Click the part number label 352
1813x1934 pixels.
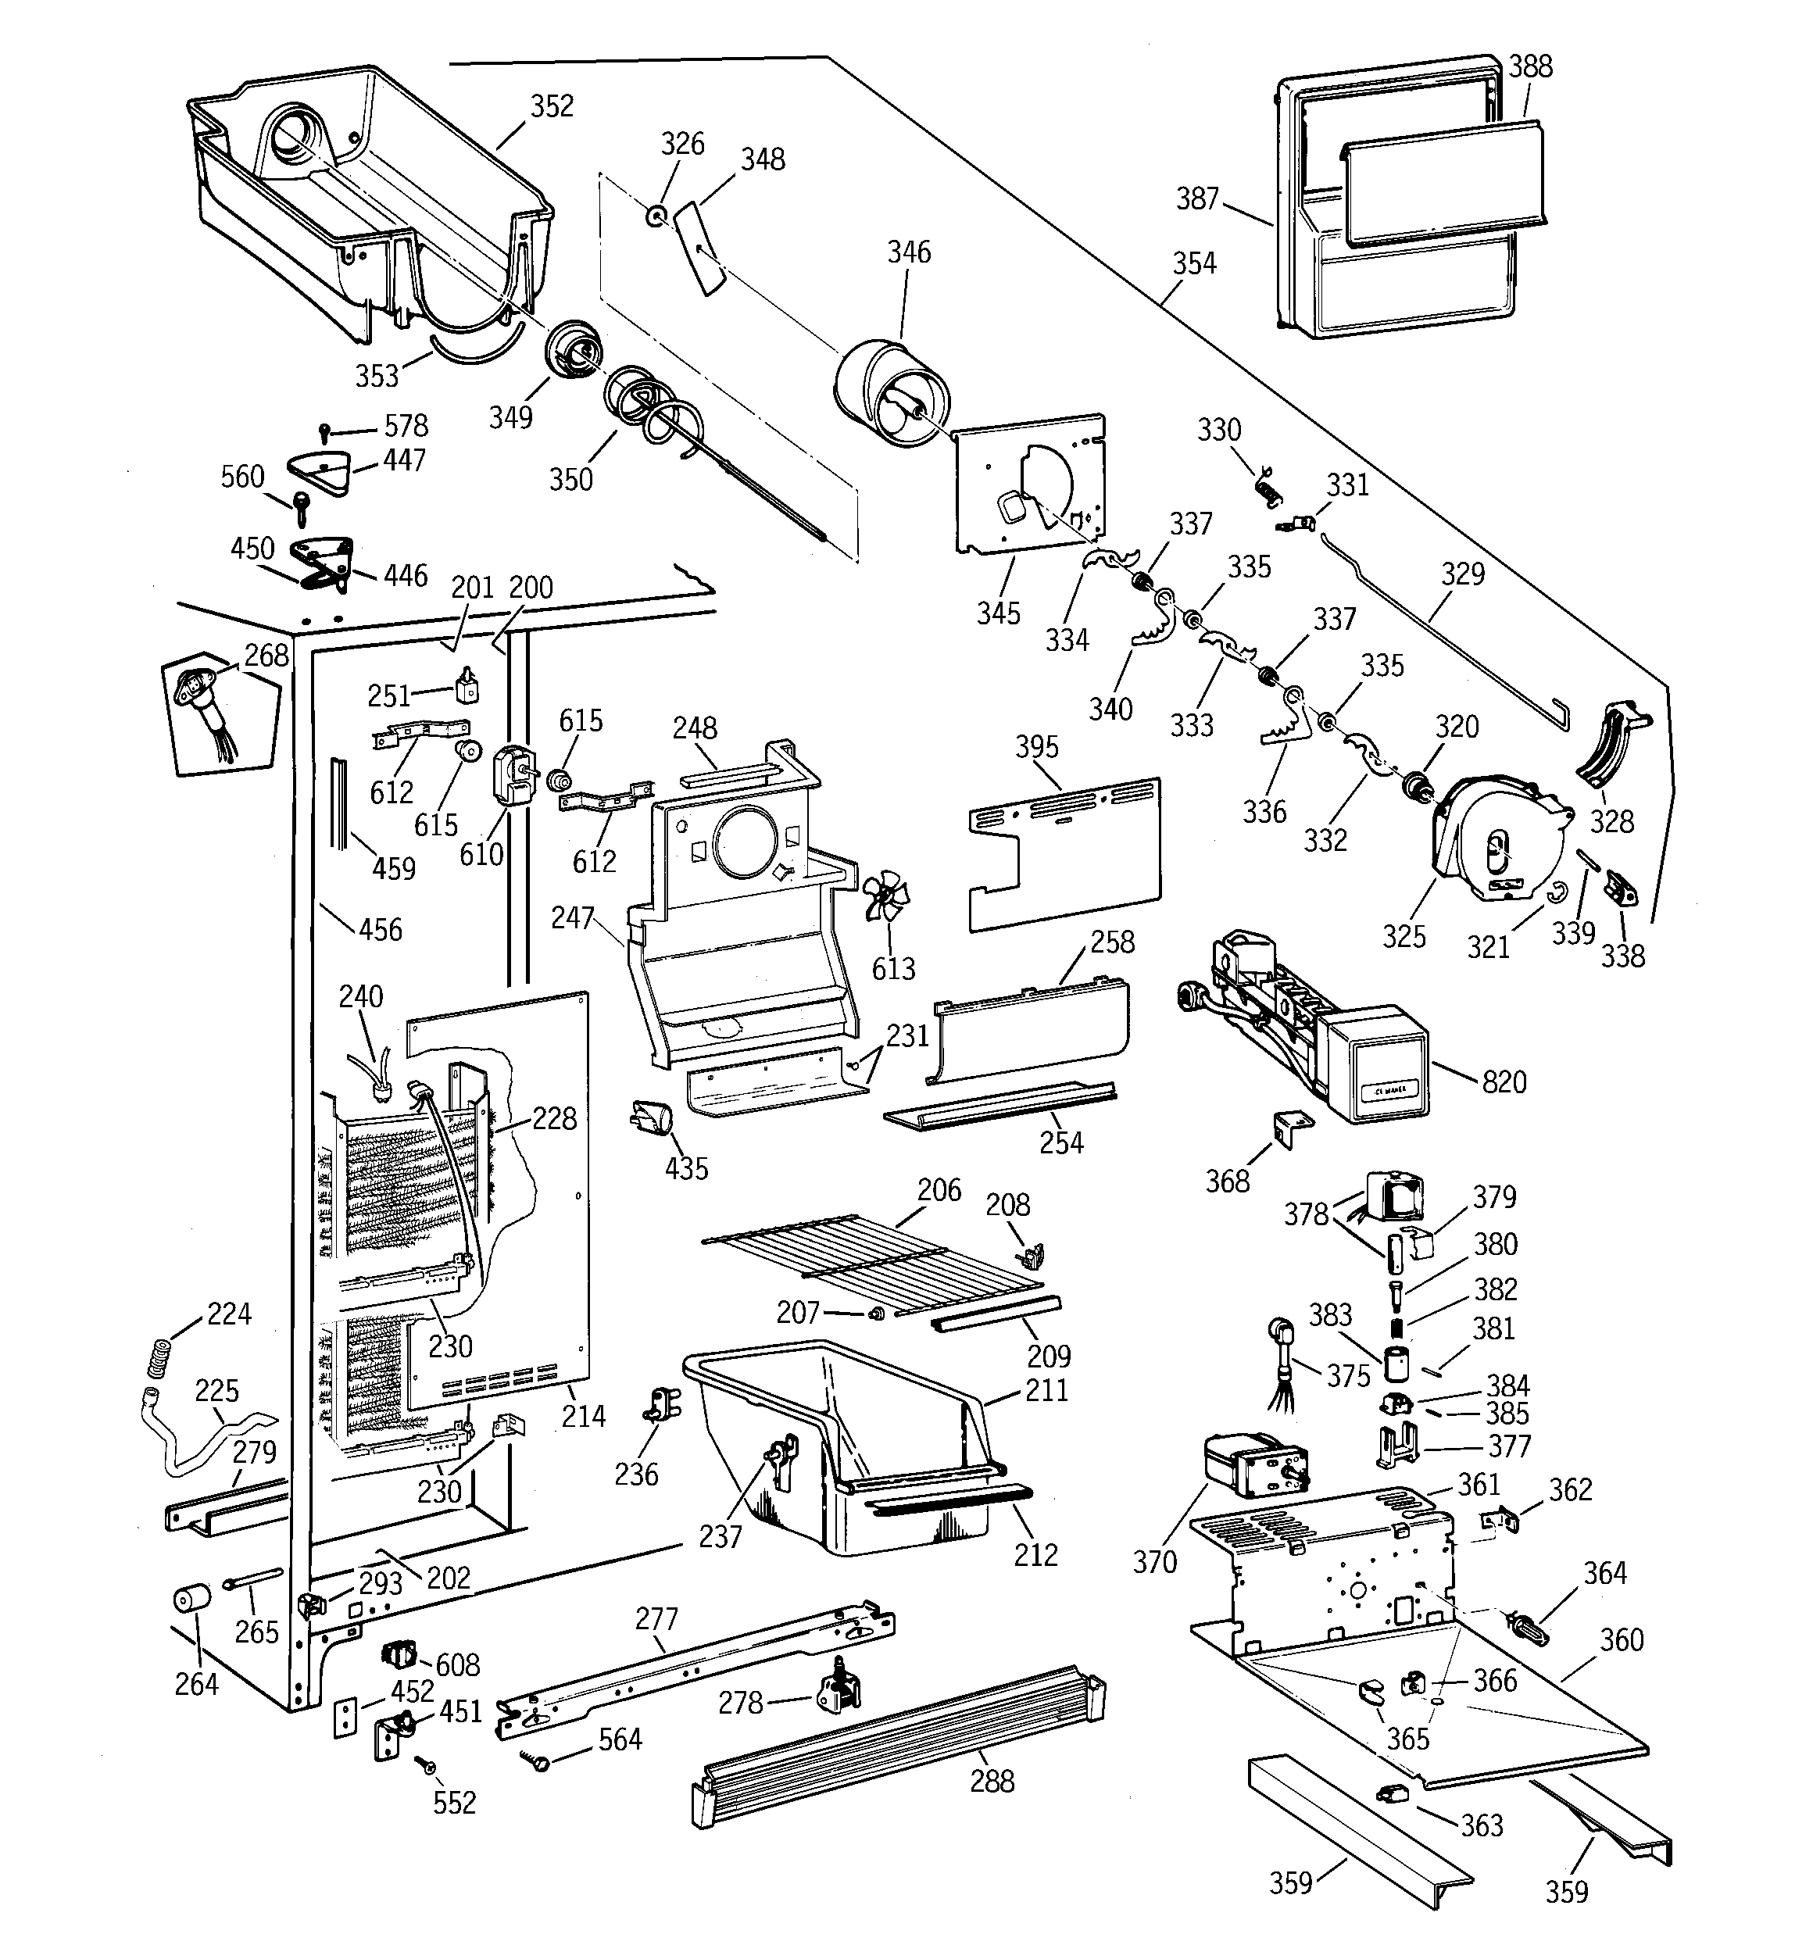552,106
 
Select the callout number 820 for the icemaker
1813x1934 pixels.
1504,1081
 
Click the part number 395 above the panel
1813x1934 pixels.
1036,747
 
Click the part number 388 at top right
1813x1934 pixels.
1530,66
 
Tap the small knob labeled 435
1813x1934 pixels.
651,1116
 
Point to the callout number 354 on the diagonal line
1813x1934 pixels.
1193,263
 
